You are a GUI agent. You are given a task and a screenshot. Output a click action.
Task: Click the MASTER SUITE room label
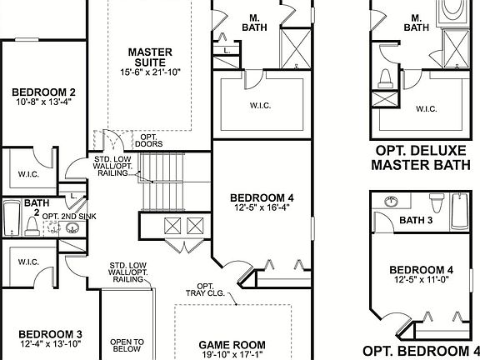click(x=150, y=57)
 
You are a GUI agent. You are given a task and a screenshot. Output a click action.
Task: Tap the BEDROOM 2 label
click(x=43, y=92)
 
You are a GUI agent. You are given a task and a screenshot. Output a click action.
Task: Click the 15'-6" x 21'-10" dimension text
click(x=150, y=72)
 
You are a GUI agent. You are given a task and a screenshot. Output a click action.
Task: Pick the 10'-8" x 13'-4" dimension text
click(x=43, y=103)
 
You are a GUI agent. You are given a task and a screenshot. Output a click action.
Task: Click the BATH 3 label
click(x=417, y=221)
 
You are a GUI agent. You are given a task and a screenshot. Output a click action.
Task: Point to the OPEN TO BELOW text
click(x=127, y=346)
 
